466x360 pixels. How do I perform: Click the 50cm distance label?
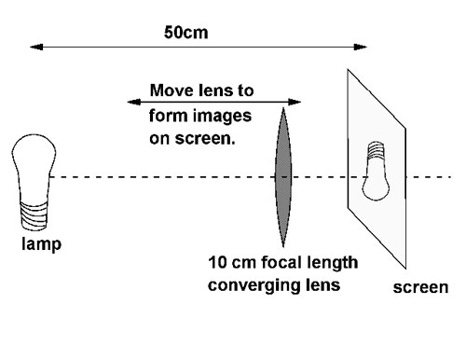[x=186, y=31]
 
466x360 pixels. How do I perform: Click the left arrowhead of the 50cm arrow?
[x=34, y=45]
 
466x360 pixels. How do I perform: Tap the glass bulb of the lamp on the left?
[x=29, y=162]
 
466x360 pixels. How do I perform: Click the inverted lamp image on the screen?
[x=378, y=173]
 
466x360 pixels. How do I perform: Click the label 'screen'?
[x=418, y=288]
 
